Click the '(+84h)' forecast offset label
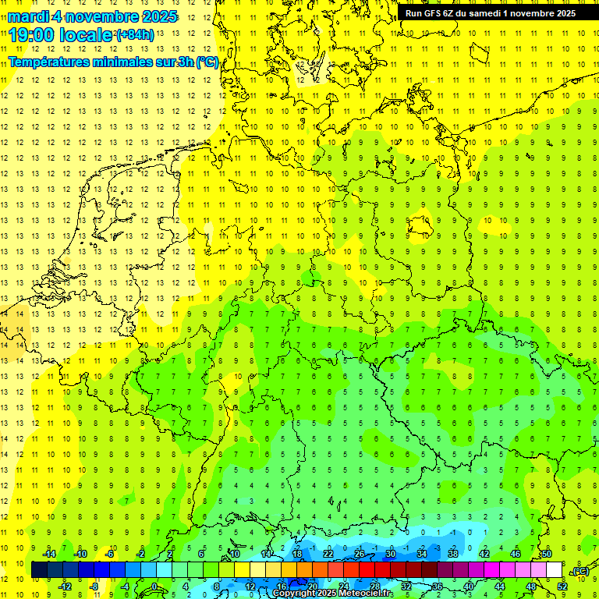pos(135,35)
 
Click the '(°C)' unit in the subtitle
pos(207,62)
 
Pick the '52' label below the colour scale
pos(562,587)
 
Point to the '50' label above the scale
pos(547,554)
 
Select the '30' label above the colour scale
pos(391,554)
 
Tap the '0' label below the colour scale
pos(155,587)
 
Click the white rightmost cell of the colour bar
pos(555,570)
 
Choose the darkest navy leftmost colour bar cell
pos(39,570)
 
